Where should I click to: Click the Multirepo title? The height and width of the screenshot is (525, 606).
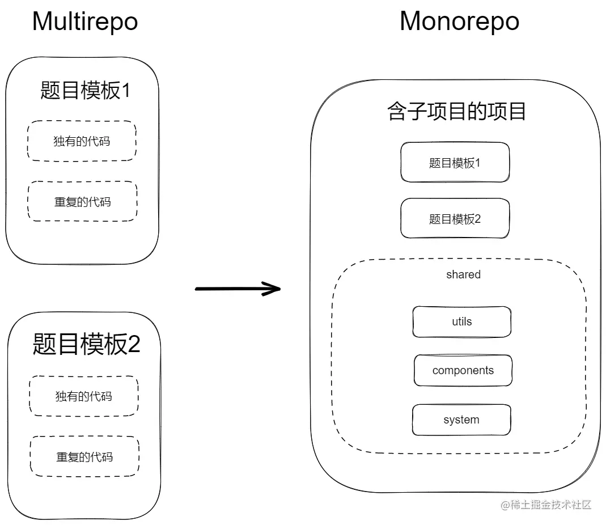click(x=85, y=22)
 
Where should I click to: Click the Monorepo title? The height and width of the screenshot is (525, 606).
click(x=459, y=22)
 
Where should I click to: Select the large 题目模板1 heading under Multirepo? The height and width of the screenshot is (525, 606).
click(x=85, y=90)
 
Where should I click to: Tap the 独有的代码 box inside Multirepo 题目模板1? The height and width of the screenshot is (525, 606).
click(x=82, y=141)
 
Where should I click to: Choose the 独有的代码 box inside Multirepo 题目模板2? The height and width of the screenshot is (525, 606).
click(x=83, y=396)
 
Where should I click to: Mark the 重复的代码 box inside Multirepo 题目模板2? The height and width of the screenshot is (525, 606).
click(x=84, y=456)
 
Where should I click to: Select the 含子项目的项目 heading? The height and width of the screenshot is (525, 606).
click(x=457, y=111)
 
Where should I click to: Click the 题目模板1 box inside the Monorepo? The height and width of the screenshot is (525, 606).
click(x=455, y=163)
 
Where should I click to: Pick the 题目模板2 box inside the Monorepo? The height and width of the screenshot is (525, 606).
click(x=455, y=219)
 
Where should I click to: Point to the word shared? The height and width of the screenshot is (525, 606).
click(x=463, y=274)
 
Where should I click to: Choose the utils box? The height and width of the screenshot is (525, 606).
click(x=461, y=321)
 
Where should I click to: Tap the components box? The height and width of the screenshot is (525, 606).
click(x=463, y=370)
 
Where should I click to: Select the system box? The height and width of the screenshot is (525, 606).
click(x=461, y=420)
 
